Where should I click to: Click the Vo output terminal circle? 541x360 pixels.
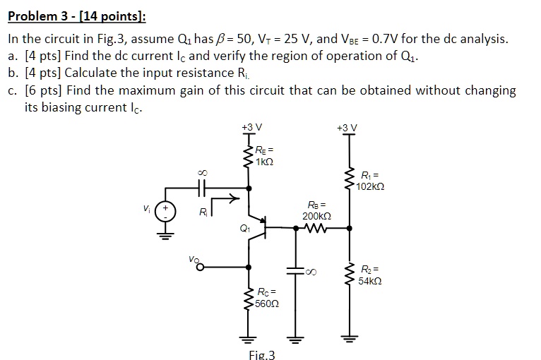(201, 268)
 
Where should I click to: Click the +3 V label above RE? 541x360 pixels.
(251, 127)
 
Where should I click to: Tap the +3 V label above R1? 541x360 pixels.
(347, 127)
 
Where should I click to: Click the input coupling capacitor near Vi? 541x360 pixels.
(202, 188)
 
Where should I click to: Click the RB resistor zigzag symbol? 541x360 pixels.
(315, 228)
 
